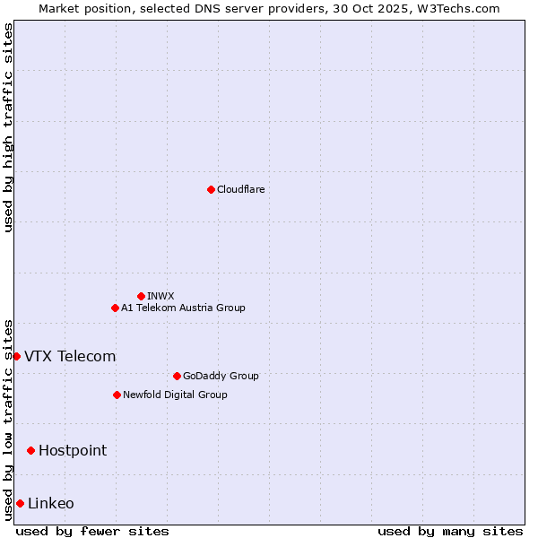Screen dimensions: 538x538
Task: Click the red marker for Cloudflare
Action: click(211, 189)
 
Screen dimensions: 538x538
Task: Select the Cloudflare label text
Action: click(241, 189)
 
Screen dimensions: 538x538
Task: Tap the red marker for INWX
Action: click(141, 296)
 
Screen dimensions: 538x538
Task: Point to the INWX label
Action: click(161, 296)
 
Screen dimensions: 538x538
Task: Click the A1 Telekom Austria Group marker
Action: click(115, 308)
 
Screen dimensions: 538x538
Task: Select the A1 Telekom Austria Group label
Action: click(183, 308)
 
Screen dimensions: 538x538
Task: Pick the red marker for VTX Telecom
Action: click(16, 356)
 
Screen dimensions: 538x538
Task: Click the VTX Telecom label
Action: click(70, 356)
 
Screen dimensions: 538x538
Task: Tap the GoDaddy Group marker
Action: click(177, 376)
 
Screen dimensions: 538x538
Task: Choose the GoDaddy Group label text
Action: click(221, 376)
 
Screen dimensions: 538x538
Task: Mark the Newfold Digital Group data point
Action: click(117, 395)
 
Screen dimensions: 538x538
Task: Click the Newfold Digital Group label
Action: click(175, 395)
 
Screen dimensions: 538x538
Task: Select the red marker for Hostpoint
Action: click(30, 450)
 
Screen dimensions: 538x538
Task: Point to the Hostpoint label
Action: click(73, 450)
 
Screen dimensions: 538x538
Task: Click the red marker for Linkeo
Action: click(20, 503)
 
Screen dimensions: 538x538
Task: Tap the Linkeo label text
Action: click(51, 503)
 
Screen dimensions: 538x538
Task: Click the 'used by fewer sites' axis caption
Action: click(92, 531)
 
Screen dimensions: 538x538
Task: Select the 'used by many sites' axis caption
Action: click(450, 531)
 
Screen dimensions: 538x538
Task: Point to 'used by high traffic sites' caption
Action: click(8, 127)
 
